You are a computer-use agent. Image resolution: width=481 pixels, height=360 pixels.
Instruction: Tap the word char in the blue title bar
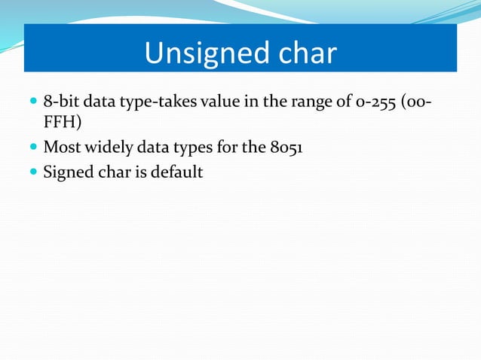pyautogui.click(x=299, y=53)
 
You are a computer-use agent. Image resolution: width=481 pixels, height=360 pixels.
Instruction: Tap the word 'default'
pyautogui.click(x=179, y=172)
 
